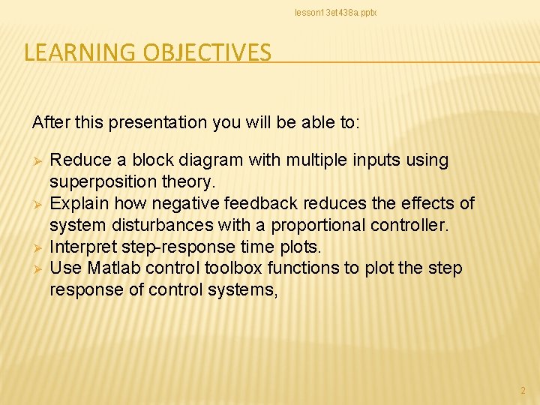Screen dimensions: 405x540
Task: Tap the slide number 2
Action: [x=523, y=391]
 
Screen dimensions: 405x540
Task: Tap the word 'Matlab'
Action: [x=112, y=268]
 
